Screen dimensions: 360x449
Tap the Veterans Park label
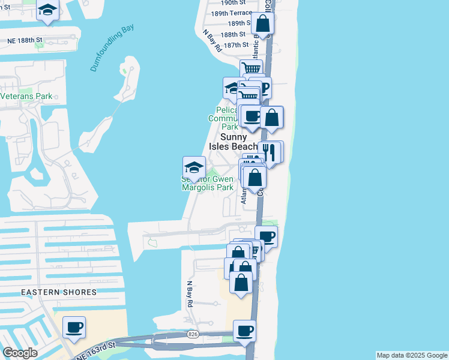(26, 96)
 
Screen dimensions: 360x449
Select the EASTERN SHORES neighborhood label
(59, 292)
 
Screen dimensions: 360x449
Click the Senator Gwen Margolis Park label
(207, 183)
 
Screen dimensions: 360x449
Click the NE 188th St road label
(25, 40)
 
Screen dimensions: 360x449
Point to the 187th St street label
(236, 45)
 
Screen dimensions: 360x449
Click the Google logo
(20, 353)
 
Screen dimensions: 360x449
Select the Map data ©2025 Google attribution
(412, 355)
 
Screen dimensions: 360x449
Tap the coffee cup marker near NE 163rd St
(74, 328)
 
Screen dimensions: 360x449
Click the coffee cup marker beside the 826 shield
(244, 331)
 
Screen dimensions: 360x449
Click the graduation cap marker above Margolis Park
(194, 167)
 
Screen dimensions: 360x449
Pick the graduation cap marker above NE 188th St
(47, 10)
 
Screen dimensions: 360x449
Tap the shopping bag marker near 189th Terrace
(262, 23)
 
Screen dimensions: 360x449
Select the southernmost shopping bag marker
(241, 283)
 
